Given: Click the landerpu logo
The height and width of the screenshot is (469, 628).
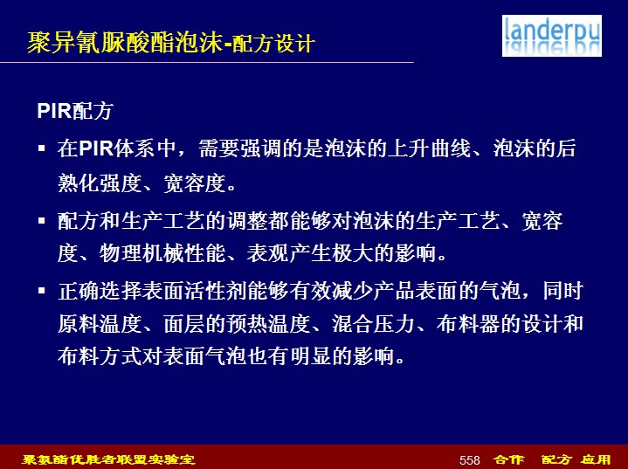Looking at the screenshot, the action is pos(551,36).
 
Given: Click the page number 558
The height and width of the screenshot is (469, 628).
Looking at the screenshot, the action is pos(469,460).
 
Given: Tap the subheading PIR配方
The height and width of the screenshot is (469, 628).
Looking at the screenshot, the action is pos(75,111).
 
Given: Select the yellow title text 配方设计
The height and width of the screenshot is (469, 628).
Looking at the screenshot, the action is pos(273,44).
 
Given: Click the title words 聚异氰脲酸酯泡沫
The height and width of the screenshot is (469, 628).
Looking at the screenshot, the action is pos(125,42).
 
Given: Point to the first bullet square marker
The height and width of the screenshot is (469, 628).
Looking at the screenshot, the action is pos(42,148).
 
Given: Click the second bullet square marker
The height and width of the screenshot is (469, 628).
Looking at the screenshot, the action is pos(42,221).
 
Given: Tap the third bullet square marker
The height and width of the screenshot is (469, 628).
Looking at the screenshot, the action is pos(42,290).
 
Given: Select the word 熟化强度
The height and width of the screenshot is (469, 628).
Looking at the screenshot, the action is pos(100,183).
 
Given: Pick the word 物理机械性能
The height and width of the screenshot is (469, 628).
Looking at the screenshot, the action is pos(162,253).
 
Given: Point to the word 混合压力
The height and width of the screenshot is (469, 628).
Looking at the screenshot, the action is pos(374,324).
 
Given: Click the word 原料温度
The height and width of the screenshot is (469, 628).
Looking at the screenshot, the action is pos(100,324).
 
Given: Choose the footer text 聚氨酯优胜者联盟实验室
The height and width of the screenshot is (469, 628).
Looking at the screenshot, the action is pos(108,459).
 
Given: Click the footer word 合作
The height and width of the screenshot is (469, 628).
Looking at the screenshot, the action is pos(508,459).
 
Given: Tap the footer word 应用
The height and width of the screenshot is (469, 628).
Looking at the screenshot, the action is pos(596,459).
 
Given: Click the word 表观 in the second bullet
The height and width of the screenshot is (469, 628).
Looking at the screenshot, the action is pos(267,253).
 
